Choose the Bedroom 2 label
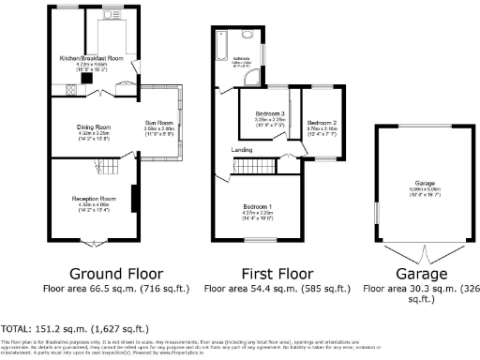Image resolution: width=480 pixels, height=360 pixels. [x=321, y=122]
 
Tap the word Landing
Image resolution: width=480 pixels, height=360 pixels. [x=242, y=149]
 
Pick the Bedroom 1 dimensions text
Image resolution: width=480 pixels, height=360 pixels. [x=257, y=214]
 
